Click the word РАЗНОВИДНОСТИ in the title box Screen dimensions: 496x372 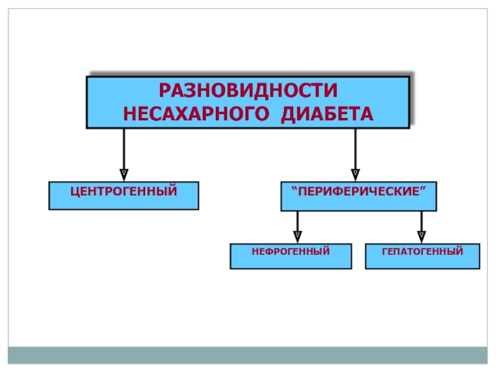(x=248, y=90)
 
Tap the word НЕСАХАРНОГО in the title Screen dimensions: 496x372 (x=196, y=113)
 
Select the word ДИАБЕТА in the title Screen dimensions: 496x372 (x=327, y=114)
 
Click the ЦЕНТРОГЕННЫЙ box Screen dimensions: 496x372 (x=123, y=195)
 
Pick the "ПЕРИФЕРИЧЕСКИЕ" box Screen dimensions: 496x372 (x=359, y=196)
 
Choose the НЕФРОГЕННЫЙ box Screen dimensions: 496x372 (x=291, y=256)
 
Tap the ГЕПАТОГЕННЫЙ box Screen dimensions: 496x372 (x=423, y=256)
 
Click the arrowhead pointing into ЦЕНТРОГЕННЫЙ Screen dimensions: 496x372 (x=123, y=175)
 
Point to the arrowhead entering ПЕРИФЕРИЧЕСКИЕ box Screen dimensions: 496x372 (x=355, y=175)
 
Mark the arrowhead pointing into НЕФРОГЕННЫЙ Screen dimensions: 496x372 (x=298, y=237)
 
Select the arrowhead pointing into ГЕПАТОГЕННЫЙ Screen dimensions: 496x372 (x=422, y=237)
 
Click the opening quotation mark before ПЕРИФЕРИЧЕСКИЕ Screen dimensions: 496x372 (x=294, y=188)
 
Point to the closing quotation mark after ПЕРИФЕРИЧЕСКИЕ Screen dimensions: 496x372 (x=423, y=188)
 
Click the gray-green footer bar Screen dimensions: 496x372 (x=247, y=355)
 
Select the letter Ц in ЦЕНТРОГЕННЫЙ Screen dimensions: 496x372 (x=74, y=192)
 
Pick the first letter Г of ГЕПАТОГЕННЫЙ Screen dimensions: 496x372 (x=385, y=252)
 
